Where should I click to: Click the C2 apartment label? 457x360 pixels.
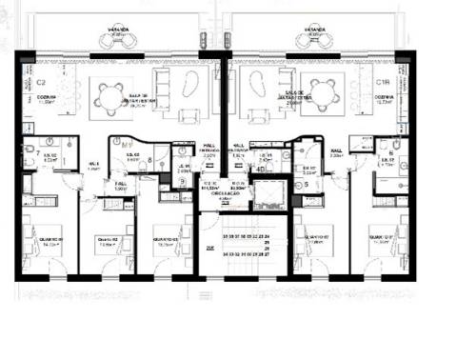tap(41, 83)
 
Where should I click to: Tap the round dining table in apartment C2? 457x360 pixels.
tap(106, 91)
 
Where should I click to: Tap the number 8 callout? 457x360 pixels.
tap(150, 161)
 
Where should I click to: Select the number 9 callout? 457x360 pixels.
tap(181, 181)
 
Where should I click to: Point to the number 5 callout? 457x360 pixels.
tap(307, 184)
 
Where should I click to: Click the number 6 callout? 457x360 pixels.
tap(391, 152)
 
